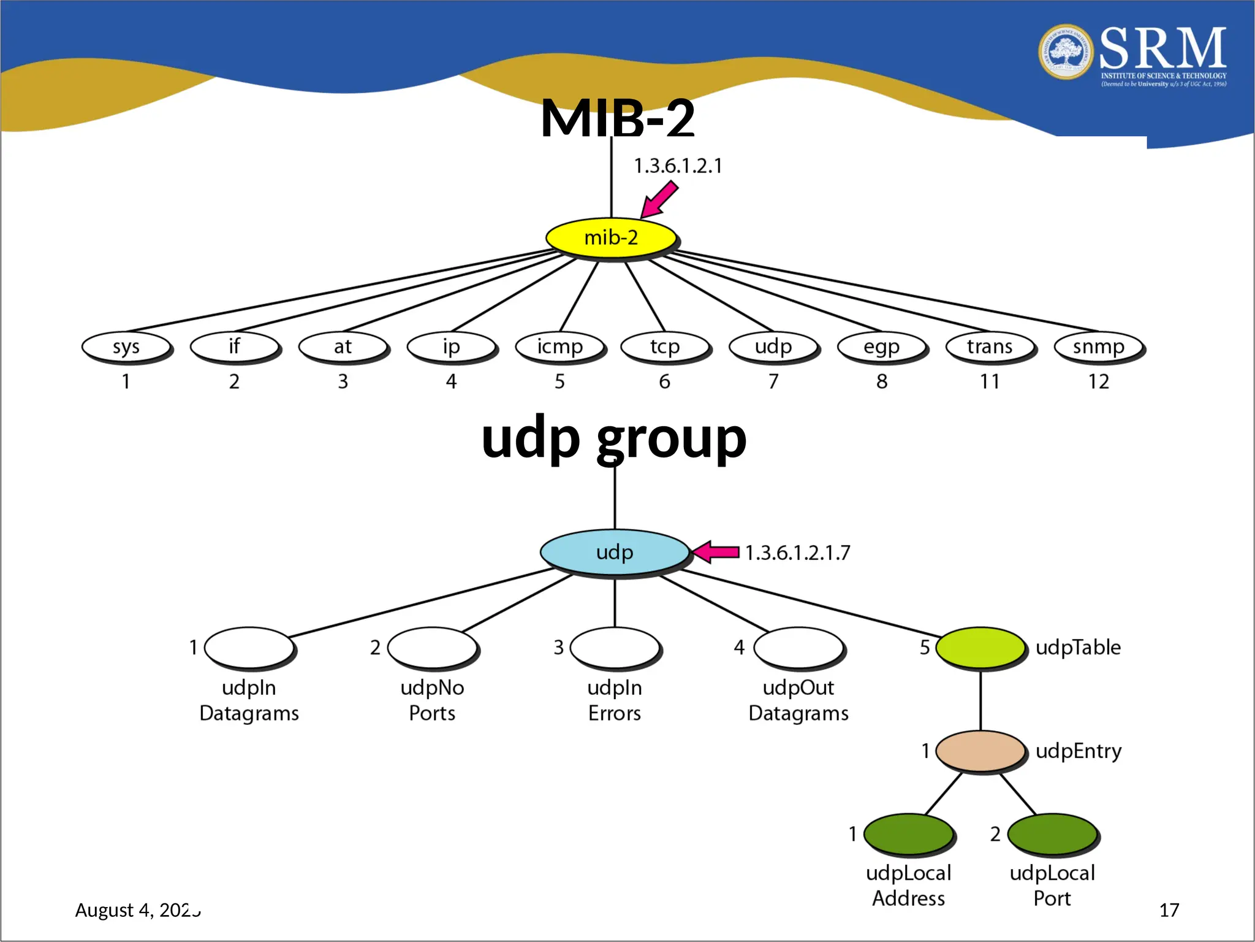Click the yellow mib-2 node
pyautogui.click(x=611, y=237)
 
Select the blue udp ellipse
pyautogui.click(x=615, y=551)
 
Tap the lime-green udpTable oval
pyautogui.click(x=980, y=647)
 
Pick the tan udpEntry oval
pyautogui.click(x=980, y=750)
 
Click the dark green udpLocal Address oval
pyautogui.click(x=908, y=833)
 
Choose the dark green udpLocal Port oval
pyautogui.click(x=1052, y=833)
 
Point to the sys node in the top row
pyautogui.click(x=126, y=347)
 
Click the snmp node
pyautogui.click(x=1098, y=347)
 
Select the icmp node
pyautogui.click(x=559, y=347)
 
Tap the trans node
pyautogui.click(x=990, y=347)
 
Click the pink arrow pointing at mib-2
pyautogui.click(x=659, y=200)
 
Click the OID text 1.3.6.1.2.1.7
pyautogui.click(x=797, y=553)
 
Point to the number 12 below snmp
pyautogui.click(x=1098, y=381)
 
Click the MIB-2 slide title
pyautogui.click(x=617, y=118)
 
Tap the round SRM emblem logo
pyautogui.click(x=1066, y=52)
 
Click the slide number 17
pyautogui.click(x=1169, y=909)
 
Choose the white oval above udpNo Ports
pyautogui.click(x=432, y=647)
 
